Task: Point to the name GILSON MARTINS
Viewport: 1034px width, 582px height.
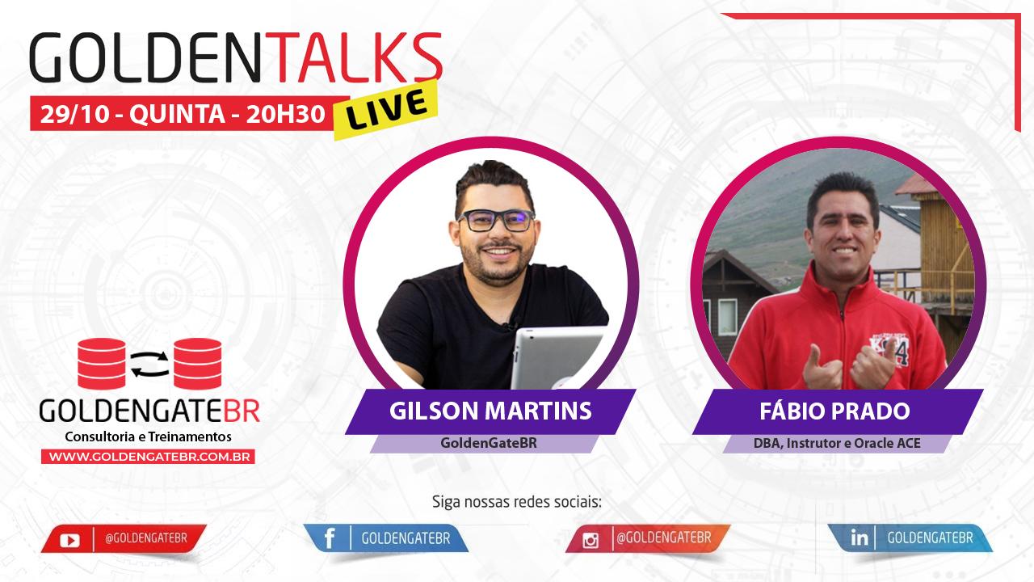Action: click(490, 411)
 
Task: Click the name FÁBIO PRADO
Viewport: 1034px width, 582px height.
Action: click(834, 411)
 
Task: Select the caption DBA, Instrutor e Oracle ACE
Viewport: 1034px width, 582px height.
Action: click(836, 443)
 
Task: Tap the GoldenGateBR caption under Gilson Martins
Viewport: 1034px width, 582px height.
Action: click(483, 443)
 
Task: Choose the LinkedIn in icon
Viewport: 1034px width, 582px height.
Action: click(860, 538)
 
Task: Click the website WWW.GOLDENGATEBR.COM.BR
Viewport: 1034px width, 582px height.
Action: click(149, 457)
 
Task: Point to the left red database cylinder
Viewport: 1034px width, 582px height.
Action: click(102, 364)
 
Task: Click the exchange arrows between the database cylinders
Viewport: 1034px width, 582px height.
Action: click(149, 365)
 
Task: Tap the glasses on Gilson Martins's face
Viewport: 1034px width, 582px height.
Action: click(495, 219)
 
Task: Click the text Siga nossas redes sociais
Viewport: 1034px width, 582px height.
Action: click(517, 501)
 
